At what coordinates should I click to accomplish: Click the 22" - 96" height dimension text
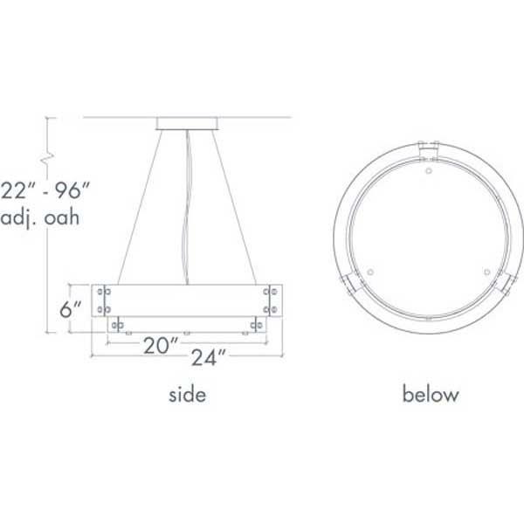45,188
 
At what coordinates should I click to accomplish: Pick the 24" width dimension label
210,356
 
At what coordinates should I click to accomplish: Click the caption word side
187,395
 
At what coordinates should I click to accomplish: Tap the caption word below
430,395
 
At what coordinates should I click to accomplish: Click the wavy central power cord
185,210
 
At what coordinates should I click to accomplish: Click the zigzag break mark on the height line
49,157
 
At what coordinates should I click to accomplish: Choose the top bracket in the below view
428,151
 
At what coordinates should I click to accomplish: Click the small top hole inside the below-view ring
428,170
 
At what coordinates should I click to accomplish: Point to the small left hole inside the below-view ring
371,272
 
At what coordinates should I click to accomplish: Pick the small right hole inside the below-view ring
485,272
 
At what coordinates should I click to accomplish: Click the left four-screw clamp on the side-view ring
103,300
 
